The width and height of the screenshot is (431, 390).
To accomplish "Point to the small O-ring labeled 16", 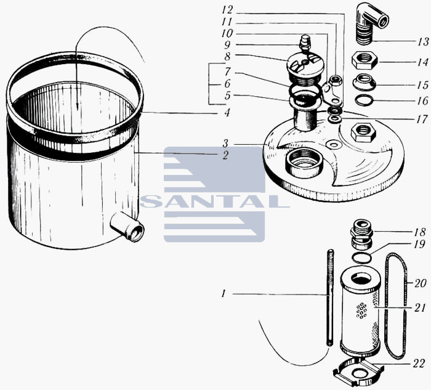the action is (364, 100).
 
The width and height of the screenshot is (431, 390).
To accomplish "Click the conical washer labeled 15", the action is (365, 82).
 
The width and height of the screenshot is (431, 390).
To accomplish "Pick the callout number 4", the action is (227, 112).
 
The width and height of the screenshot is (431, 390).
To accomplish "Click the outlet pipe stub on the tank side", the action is (127, 227).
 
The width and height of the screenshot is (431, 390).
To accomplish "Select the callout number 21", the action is (420, 308).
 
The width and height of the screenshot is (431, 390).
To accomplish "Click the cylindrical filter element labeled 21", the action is (360, 311).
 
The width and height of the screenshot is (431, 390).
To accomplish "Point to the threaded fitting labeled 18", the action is (361, 234).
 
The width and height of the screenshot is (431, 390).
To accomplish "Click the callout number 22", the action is (419, 364).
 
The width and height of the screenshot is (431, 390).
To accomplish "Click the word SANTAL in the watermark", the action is (215, 201).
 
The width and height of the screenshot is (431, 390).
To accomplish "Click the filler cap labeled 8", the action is (304, 67).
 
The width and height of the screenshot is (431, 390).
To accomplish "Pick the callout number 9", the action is (227, 44).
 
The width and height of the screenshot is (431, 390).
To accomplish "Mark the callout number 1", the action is (224, 294).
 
